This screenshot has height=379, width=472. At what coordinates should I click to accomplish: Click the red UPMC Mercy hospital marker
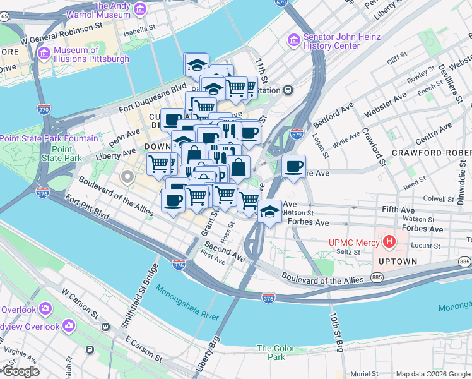click(x=389, y=242)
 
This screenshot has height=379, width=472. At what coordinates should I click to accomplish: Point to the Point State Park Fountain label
click(x=49, y=138)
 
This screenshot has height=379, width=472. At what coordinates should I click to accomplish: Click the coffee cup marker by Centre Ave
click(x=293, y=167)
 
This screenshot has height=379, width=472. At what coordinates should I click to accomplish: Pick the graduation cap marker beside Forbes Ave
click(x=269, y=212)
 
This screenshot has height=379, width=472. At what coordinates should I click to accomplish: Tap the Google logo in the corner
click(x=20, y=371)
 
